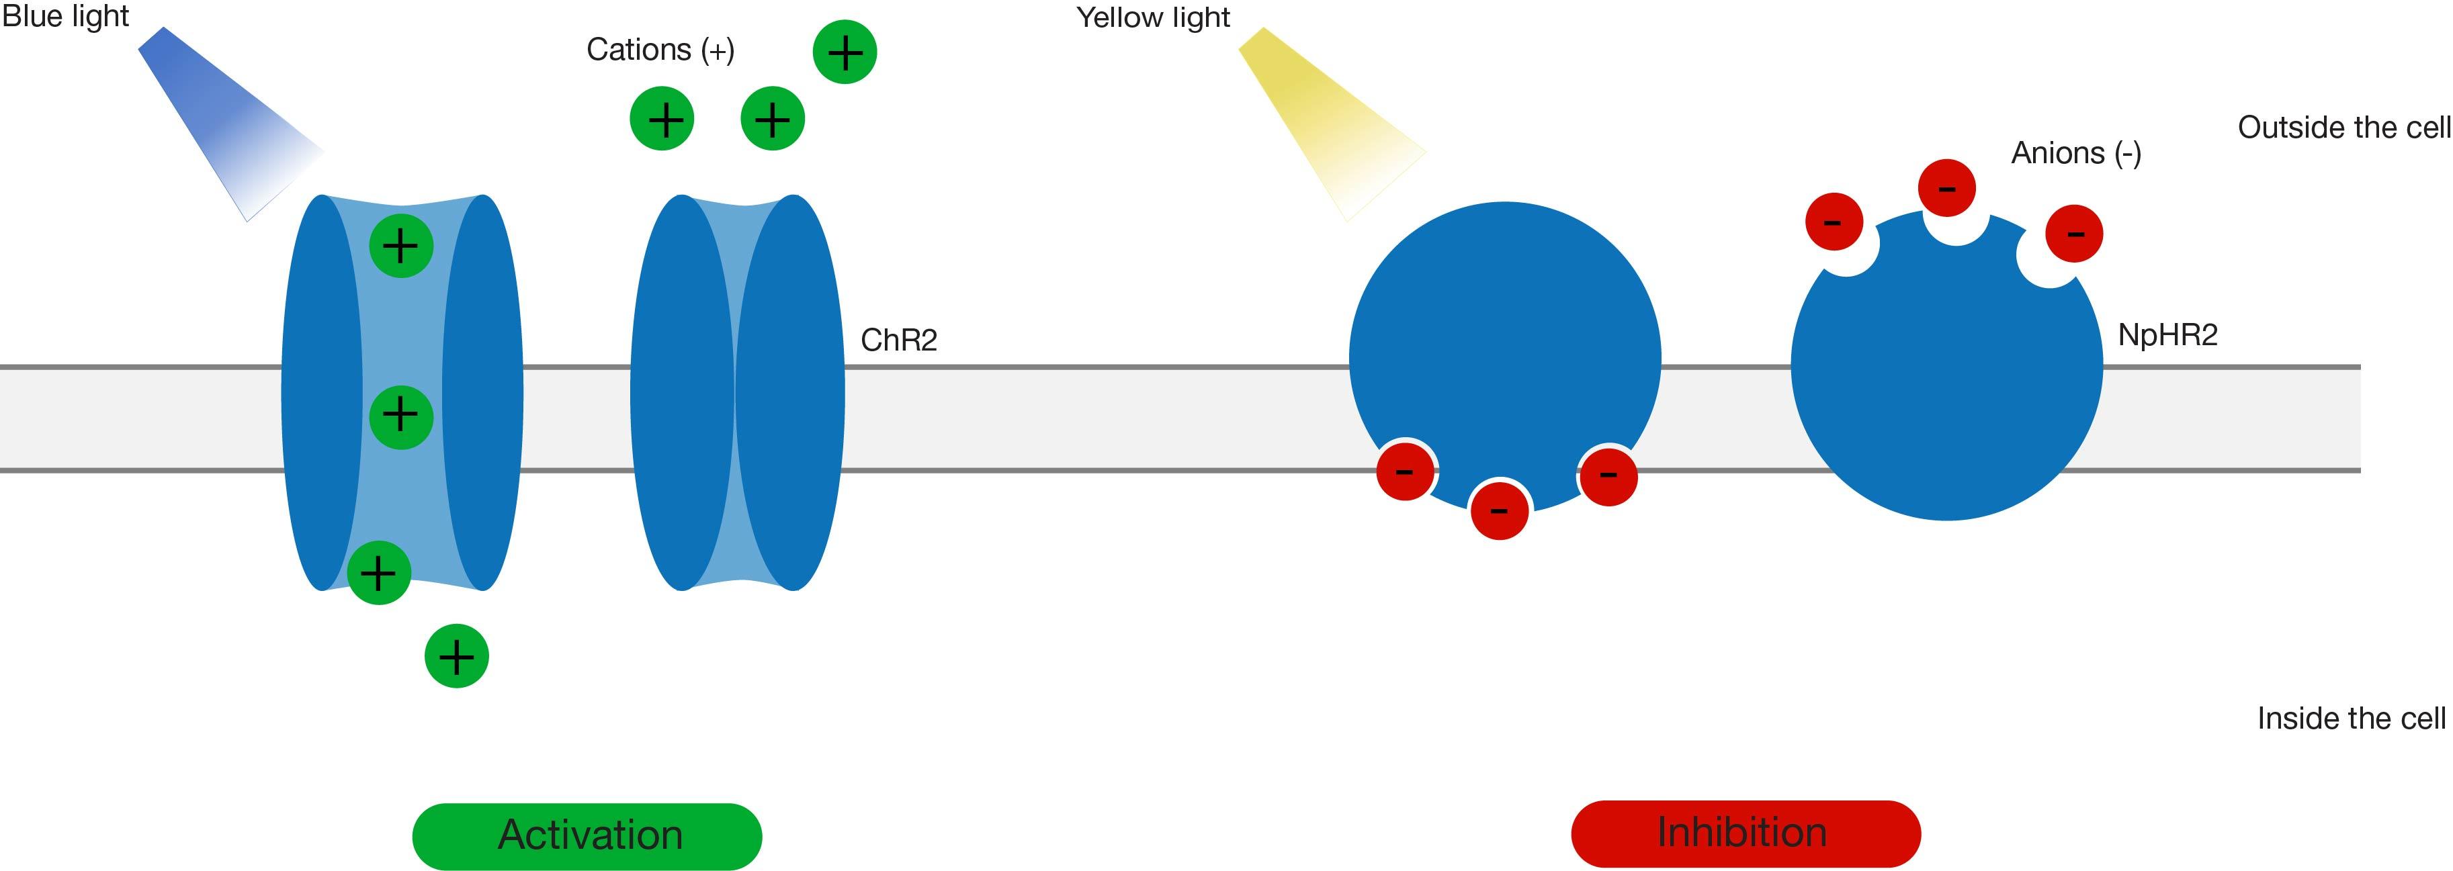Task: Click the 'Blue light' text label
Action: [x=64, y=16]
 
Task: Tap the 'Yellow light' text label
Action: [x=1152, y=17]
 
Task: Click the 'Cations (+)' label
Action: [x=660, y=50]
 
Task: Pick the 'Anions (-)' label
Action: [x=2076, y=153]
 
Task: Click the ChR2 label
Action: [x=898, y=340]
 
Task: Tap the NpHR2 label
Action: [x=2167, y=335]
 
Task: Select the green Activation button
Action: [x=587, y=835]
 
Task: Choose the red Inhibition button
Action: [x=1745, y=833]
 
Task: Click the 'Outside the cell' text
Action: [x=2343, y=128]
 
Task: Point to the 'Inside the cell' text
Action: [x=2350, y=719]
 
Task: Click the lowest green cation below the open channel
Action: [x=456, y=656]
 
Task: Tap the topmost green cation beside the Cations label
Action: [x=845, y=52]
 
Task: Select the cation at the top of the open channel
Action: [x=401, y=246]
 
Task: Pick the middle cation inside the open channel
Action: [x=401, y=415]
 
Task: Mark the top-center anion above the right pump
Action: [x=1946, y=187]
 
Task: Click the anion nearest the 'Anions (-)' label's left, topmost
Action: [x=1946, y=187]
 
